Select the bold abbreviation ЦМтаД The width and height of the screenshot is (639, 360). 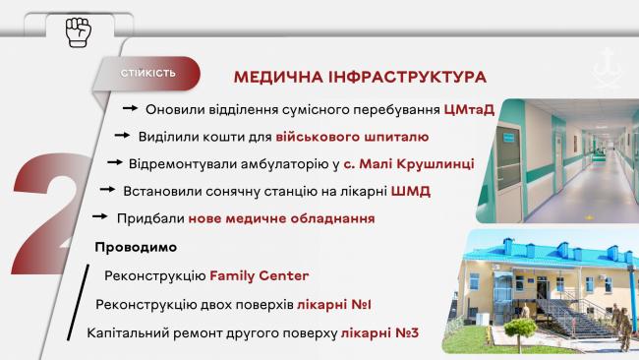[x=469, y=108]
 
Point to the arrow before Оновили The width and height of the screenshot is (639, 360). [x=133, y=108]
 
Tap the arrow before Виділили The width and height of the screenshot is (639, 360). [x=125, y=136]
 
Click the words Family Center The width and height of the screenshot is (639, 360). [x=259, y=275]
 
